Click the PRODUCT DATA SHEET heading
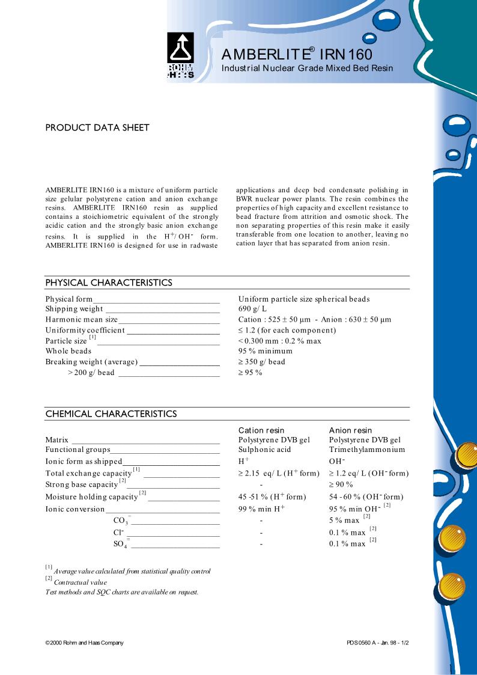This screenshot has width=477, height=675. pos(97,127)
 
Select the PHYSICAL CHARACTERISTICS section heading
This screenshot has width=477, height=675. pos(109,283)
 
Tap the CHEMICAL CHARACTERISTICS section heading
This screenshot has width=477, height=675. pos(111,414)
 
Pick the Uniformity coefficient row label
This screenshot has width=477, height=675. pos(85,330)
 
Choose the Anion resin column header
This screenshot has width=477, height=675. pos(350,430)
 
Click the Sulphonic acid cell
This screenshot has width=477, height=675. pos(264,450)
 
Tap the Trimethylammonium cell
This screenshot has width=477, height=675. pos(367,450)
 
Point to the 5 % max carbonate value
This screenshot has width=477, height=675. pos(344,521)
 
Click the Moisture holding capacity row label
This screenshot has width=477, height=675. pos(92,496)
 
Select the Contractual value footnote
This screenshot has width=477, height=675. pos(80,582)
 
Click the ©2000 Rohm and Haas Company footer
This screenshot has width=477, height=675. pos(84,643)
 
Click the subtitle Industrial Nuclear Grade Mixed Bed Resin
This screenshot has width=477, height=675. pos(307,68)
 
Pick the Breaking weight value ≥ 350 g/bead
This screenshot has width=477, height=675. pos(261,362)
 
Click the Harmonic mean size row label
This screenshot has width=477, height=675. pos(82,320)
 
